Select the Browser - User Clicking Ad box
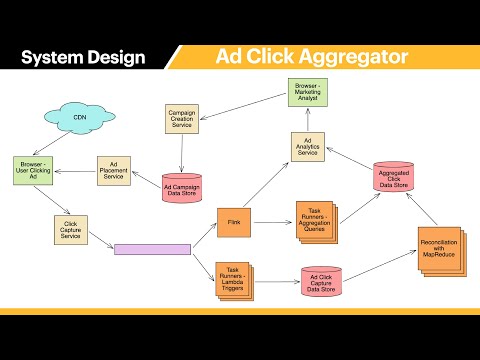(34, 170)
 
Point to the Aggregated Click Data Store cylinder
(392, 178)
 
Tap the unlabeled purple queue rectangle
(152, 248)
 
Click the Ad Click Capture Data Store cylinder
(321, 281)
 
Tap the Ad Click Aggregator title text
(312, 56)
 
